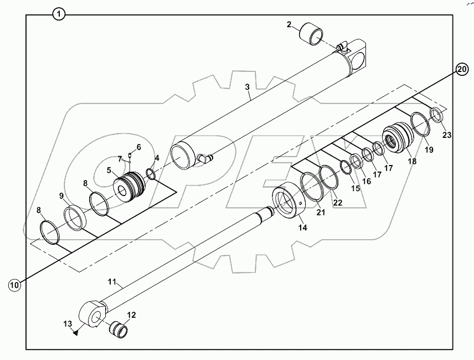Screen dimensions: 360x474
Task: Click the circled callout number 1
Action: [59, 14]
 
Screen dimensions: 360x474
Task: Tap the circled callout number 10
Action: [15, 285]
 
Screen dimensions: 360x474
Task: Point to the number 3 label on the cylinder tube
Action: [248, 87]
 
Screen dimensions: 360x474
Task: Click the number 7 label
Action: [120, 159]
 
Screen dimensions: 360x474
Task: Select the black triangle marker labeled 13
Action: [75, 332]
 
